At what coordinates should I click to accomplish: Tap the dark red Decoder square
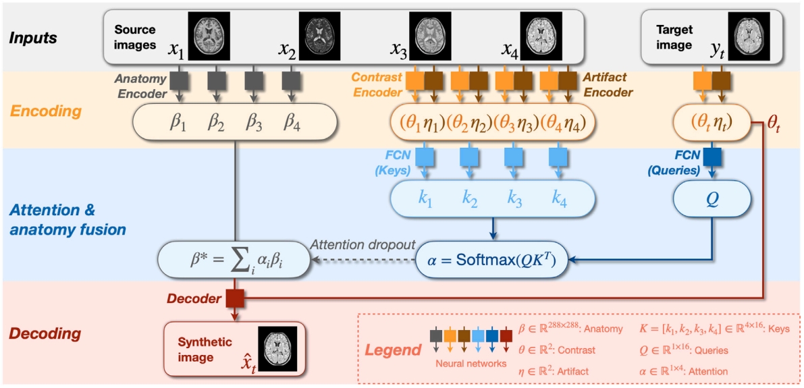pos(234,297)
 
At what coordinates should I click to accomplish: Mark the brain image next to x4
pos(541,32)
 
